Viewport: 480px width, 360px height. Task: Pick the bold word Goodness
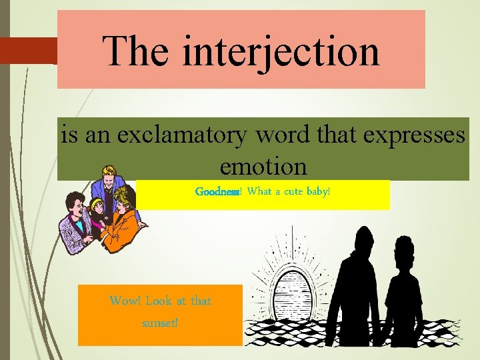[217, 192]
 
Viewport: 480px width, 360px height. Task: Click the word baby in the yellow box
[317, 192]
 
